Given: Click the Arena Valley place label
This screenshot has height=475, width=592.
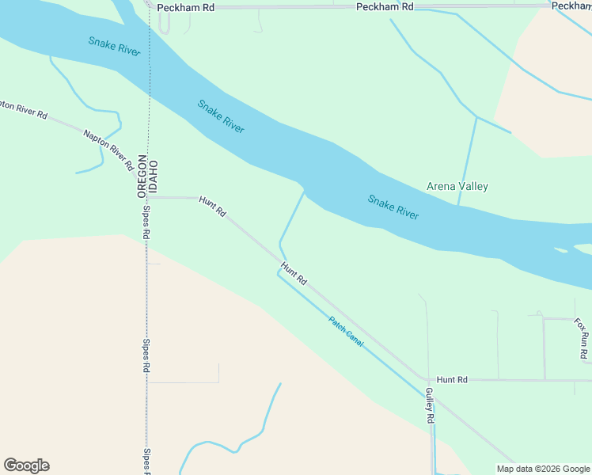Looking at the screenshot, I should click(457, 187).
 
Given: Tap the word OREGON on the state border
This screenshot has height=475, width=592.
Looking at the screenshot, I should click(142, 176).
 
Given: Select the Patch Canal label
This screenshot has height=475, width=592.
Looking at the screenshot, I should click(346, 330).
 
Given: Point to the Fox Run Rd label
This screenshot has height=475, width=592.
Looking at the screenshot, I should click(582, 340).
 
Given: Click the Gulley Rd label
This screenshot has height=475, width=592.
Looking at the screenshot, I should click(430, 405).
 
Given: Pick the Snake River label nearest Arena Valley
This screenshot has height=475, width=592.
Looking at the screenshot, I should click(393, 207).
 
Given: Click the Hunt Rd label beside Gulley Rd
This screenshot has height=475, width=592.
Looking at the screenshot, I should click(452, 380).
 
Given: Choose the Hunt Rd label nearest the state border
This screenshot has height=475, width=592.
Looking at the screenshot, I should click(213, 207).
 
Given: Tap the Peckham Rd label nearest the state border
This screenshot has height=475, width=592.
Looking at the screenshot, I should click(185, 7).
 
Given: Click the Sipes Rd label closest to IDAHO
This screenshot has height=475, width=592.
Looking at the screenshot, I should click(146, 226).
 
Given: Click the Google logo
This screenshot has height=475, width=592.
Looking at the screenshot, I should click(26, 465).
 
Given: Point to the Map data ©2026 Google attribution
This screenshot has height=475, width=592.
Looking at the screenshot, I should click(543, 469).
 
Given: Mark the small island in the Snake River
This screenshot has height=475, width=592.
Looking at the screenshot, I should click(561, 250).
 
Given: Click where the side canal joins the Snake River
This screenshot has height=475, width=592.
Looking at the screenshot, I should click(304, 192).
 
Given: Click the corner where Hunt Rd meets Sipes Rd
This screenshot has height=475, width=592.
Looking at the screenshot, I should click(149, 198).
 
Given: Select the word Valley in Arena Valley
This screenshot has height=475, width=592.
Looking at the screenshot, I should click(474, 187).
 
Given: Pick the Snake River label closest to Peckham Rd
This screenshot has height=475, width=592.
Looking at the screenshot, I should click(114, 47).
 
